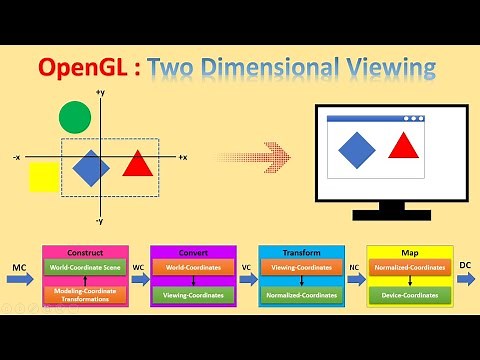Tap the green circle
(74, 118)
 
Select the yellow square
(44, 176)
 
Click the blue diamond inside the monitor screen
(357, 149)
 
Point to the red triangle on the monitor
(403, 146)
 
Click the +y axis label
(100, 93)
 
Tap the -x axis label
(17, 158)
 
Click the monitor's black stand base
(378, 213)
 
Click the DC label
(464, 265)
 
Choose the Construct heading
(85, 252)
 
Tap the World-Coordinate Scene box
(85, 268)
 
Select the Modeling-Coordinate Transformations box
(85, 294)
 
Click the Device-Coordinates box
(410, 295)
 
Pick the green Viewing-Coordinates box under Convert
(193, 295)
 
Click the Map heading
(410, 252)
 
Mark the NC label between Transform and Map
(354, 268)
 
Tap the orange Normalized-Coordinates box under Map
(410, 268)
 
